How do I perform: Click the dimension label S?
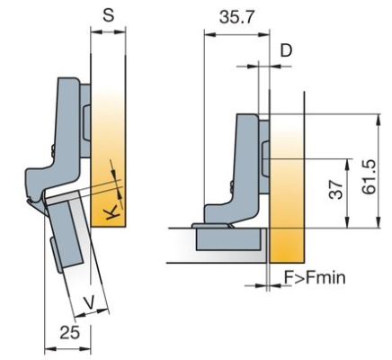coord(108,14)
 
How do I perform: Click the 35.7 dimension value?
coord(236,17)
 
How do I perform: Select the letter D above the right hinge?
coord(286,50)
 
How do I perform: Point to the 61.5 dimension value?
coord(369,176)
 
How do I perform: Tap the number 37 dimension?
coord(336,190)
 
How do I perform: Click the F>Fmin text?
coord(315,278)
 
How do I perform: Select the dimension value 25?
coord(70,332)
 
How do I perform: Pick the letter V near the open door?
coord(90,302)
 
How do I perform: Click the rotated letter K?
coord(112,212)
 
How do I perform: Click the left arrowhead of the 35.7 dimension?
coord(209,34)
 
